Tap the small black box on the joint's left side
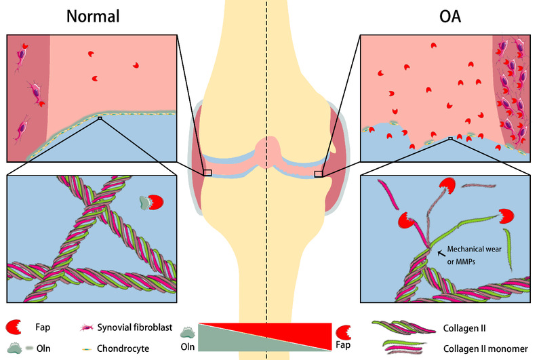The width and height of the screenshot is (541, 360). click(x=207, y=174)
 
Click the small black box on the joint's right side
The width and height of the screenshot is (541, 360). click(x=319, y=174)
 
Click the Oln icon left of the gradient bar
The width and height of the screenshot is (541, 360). click(x=187, y=332)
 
